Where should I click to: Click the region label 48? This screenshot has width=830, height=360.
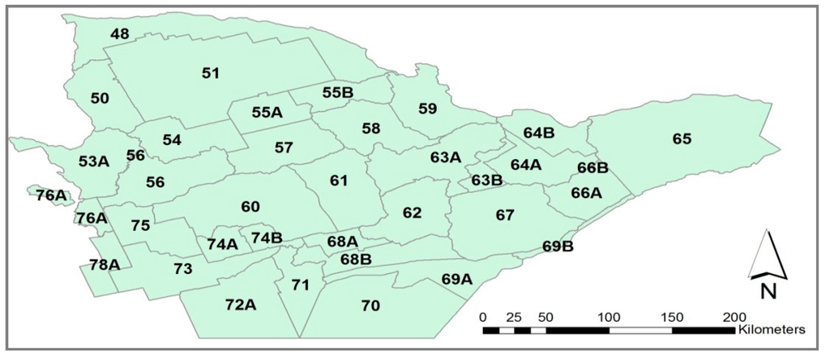(120, 34)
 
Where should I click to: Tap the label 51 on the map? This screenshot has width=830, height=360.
(211, 73)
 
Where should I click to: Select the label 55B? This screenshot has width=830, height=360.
(337, 92)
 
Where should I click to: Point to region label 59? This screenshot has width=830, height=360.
(427, 108)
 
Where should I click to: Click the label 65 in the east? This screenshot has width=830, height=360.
(682, 139)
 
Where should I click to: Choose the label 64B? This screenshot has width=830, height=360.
(538, 132)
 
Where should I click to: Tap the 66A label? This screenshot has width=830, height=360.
(586, 193)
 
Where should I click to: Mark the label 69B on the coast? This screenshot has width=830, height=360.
(558, 246)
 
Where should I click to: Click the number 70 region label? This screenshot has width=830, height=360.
(370, 305)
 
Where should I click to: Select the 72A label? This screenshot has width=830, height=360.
(241, 305)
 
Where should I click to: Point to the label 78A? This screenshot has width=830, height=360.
(105, 264)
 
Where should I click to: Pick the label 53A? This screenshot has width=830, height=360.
(93, 161)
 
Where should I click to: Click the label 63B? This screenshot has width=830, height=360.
(487, 179)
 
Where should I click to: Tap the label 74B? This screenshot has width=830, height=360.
(267, 237)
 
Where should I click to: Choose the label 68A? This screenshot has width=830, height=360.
(342, 241)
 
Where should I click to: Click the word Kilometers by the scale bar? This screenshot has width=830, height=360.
(771, 331)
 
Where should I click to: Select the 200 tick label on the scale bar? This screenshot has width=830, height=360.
(734, 316)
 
